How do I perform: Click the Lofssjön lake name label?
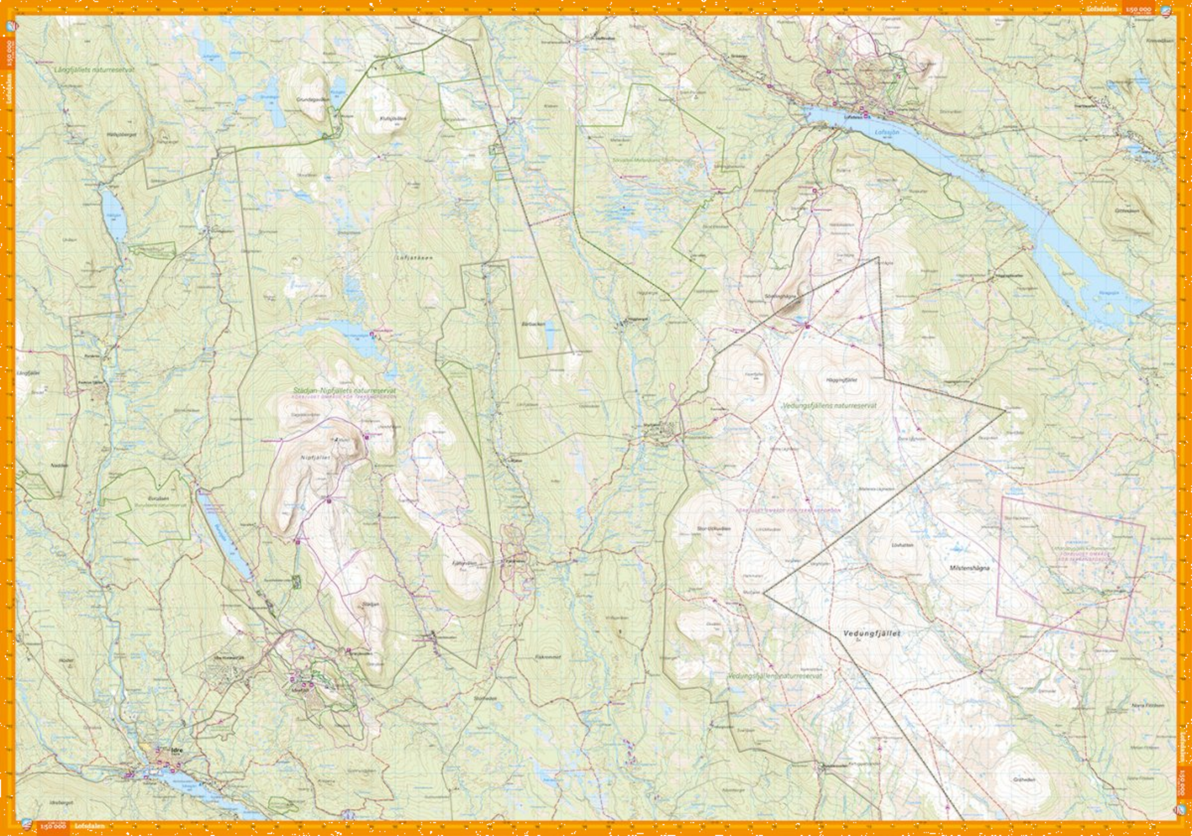coord(887,131)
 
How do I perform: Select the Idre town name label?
coord(177,750)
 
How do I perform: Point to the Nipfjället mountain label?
coord(315,457)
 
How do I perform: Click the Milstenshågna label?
coord(969,568)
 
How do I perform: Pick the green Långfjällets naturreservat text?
coord(94,70)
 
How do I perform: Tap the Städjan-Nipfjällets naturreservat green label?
coord(344,390)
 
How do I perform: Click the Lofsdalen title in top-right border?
coord(1102,9)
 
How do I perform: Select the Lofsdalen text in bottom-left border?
coord(89,826)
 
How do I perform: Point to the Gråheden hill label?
coord(1024,780)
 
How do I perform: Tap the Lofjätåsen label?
coord(414,258)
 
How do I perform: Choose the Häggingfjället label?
coord(842,380)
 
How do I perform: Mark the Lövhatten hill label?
coord(902,544)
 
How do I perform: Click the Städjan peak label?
coord(370,604)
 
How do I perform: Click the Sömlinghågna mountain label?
coord(781,296)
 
